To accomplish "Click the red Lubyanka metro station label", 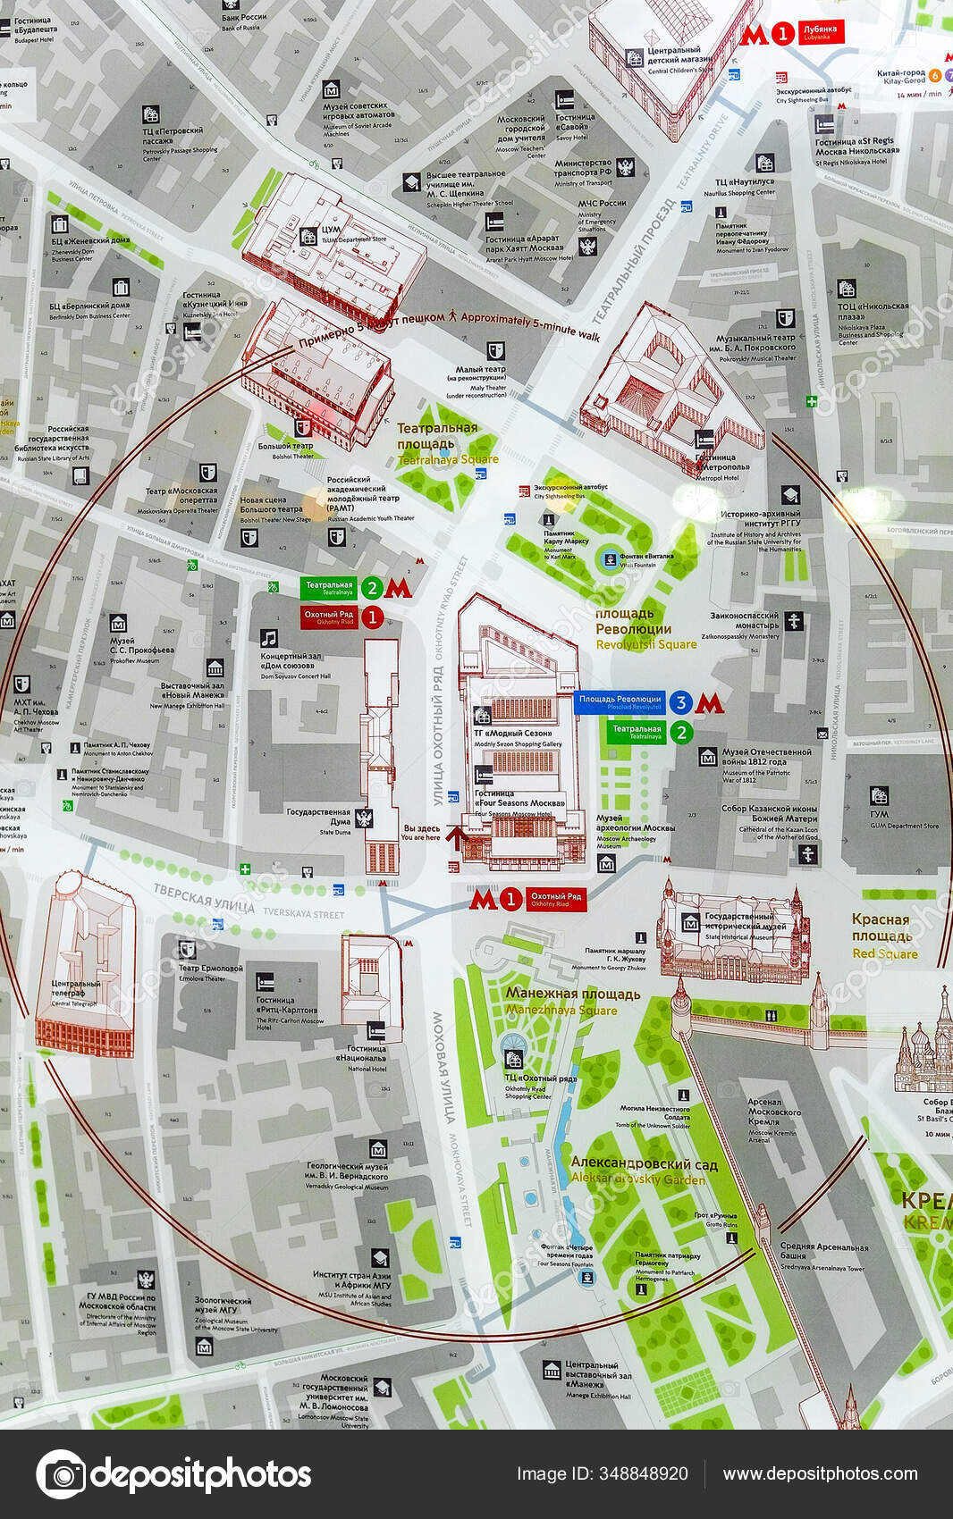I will (x=820, y=33).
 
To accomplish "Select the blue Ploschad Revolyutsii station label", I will (x=620, y=701).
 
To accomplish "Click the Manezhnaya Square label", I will (x=572, y=1002).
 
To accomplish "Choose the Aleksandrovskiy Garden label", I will (x=644, y=1171).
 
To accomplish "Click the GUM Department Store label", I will (x=898, y=819).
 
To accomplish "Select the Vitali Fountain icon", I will (x=609, y=559).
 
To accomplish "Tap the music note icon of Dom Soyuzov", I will (x=269, y=638).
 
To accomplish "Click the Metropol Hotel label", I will (x=722, y=472).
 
